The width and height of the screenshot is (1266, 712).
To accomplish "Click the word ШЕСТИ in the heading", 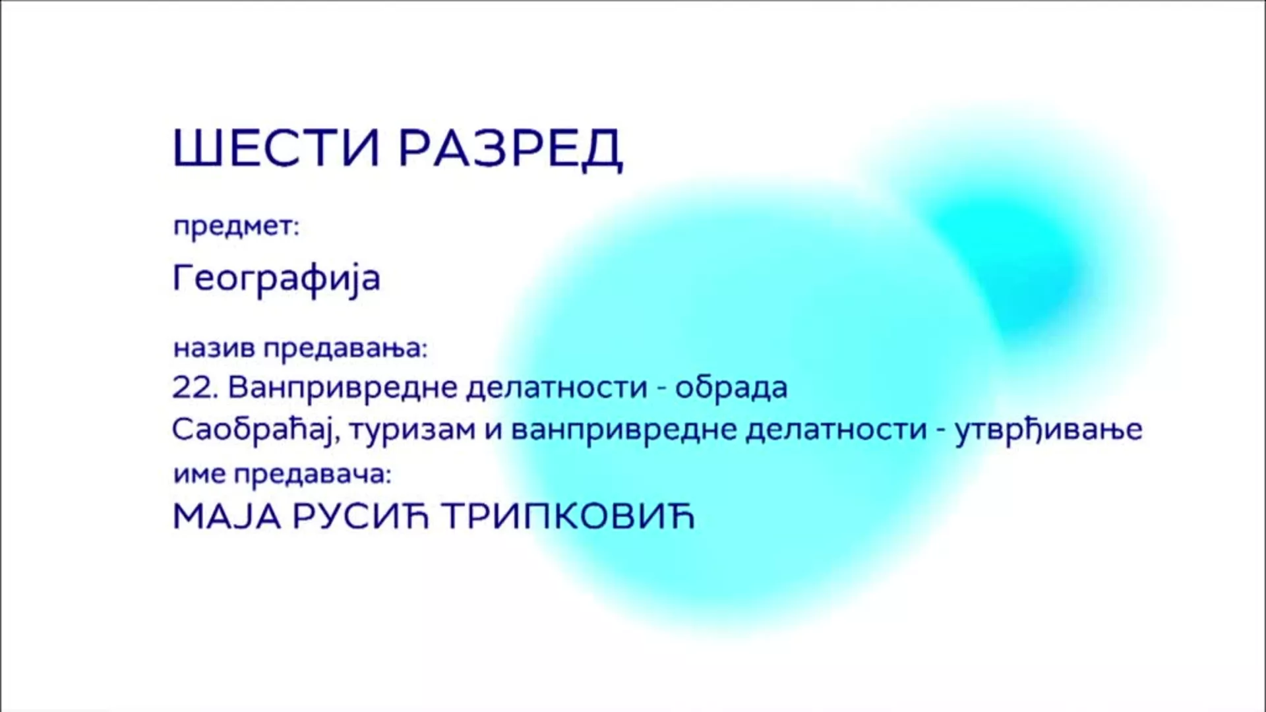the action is (x=276, y=148).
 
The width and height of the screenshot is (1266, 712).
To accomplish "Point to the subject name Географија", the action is (x=277, y=278).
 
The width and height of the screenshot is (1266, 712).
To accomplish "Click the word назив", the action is (x=214, y=348).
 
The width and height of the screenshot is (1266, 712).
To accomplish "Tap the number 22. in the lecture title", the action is (x=195, y=388).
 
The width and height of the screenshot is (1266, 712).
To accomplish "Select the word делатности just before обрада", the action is (x=557, y=387).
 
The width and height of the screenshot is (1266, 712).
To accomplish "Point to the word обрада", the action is (x=731, y=387).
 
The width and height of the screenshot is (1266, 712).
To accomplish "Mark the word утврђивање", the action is (x=1048, y=430).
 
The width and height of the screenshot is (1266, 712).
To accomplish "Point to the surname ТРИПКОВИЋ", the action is (x=568, y=516).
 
